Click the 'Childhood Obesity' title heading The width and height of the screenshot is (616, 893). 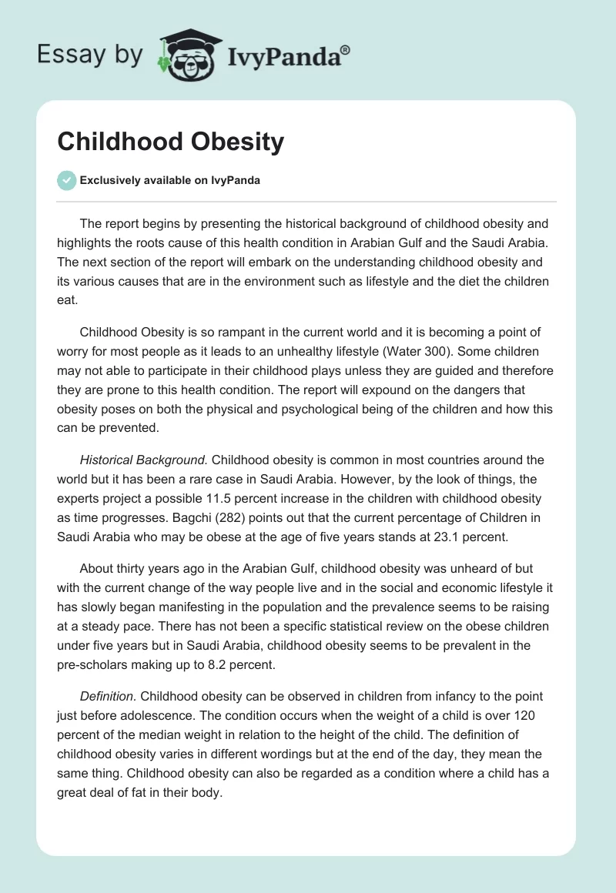point(171,142)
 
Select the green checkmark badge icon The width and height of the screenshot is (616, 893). point(66,180)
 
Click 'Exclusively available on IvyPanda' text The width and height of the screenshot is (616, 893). point(169,181)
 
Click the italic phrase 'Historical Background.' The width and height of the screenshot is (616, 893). point(143,460)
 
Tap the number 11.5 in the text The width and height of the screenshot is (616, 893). point(250,498)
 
